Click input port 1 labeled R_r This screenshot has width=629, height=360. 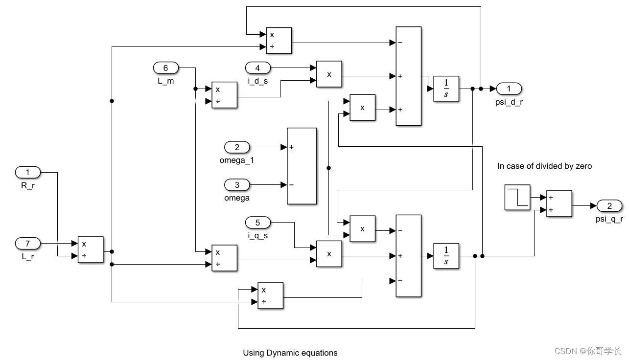[x=28, y=172]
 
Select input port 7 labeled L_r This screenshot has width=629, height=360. [x=28, y=243]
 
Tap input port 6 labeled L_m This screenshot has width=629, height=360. [x=166, y=68]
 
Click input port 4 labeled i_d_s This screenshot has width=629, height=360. [x=258, y=68]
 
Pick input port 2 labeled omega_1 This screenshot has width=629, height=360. [x=237, y=147]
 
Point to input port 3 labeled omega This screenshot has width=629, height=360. [x=237, y=185]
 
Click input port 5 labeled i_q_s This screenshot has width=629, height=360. [x=258, y=223]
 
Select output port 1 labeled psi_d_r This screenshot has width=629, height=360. [x=509, y=89]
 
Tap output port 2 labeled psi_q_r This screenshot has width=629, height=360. [x=609, y=205]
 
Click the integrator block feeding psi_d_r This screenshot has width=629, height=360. [x=446, y=89]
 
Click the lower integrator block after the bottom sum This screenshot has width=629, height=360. [x=446, y=256]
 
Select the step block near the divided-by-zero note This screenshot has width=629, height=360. [x=517, y=198]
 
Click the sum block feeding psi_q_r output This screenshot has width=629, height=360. [x=559, y=203]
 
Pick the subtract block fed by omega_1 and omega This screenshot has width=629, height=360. [x=302, y=166]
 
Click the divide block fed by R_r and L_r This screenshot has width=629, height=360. [x=91, y=249]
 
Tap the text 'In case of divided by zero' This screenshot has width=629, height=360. [x=544, y=166]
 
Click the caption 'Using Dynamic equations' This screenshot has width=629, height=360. [x=290, y=353]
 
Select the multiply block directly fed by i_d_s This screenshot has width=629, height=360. [x=329, y=74]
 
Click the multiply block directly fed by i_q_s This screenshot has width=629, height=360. [x=329, y=254]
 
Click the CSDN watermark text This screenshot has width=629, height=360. [x=587, y=351]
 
